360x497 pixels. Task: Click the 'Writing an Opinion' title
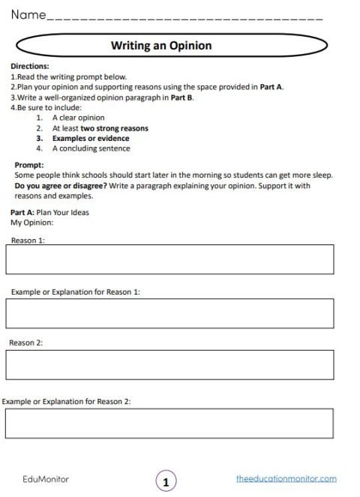point(161,46)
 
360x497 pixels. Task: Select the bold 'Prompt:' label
point(29,165)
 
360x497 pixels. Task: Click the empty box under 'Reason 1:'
point(169,259)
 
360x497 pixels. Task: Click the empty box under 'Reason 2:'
point(169,364)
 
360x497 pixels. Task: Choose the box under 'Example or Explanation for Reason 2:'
point(169,423)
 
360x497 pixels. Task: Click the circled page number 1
point(166,480)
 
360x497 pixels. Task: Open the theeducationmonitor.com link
point(286,478)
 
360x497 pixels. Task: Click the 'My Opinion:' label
point(32,223)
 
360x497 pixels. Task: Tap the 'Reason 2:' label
point(26,343)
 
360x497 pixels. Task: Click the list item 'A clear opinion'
point(79,118)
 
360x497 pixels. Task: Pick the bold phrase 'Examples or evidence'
point(91,139)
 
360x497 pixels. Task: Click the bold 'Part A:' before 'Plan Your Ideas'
point(22,212)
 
